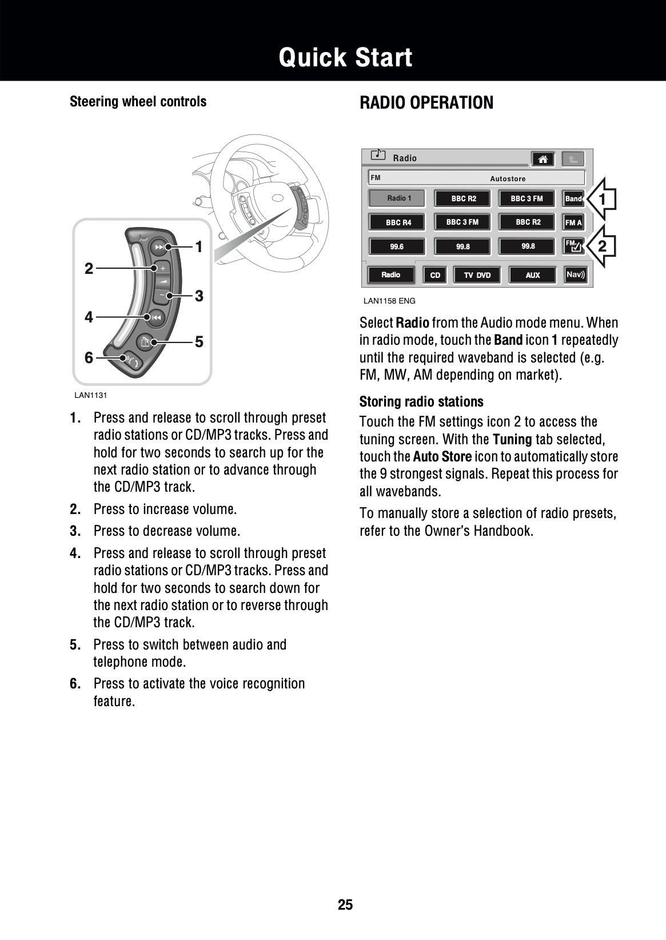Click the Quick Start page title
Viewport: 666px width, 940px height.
[x=345, y=58]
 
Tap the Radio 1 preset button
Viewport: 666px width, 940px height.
[x=398, y=198]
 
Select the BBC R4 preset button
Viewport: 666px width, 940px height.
[x=398, y=222]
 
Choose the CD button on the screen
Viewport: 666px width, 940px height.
[x=435, y=275]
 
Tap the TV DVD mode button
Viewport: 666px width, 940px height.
[x=477, y=275]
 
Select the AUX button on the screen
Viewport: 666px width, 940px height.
[x=532, y=275]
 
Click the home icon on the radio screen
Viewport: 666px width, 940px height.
[x=543, y=159]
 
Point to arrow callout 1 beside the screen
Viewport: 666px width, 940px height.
[x=601, y=199]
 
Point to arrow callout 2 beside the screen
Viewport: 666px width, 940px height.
[x=601, y=246]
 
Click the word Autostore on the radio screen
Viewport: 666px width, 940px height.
[x=508, y=179]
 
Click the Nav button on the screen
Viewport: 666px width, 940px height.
[x=575, y=274]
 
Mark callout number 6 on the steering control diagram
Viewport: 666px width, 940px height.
[x=89, y=358]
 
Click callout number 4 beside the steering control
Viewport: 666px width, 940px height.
[x=89, y=317]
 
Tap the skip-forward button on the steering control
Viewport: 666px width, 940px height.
[x=159, y=247]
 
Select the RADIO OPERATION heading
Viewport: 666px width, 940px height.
[x=426, y=103]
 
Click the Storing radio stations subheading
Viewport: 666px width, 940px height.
[x=421, y=401]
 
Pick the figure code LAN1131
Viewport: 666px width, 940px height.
[x=90, y=395]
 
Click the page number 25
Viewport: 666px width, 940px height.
[x=345, y=905]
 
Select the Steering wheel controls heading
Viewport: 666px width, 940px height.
[x=138, y=102]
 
